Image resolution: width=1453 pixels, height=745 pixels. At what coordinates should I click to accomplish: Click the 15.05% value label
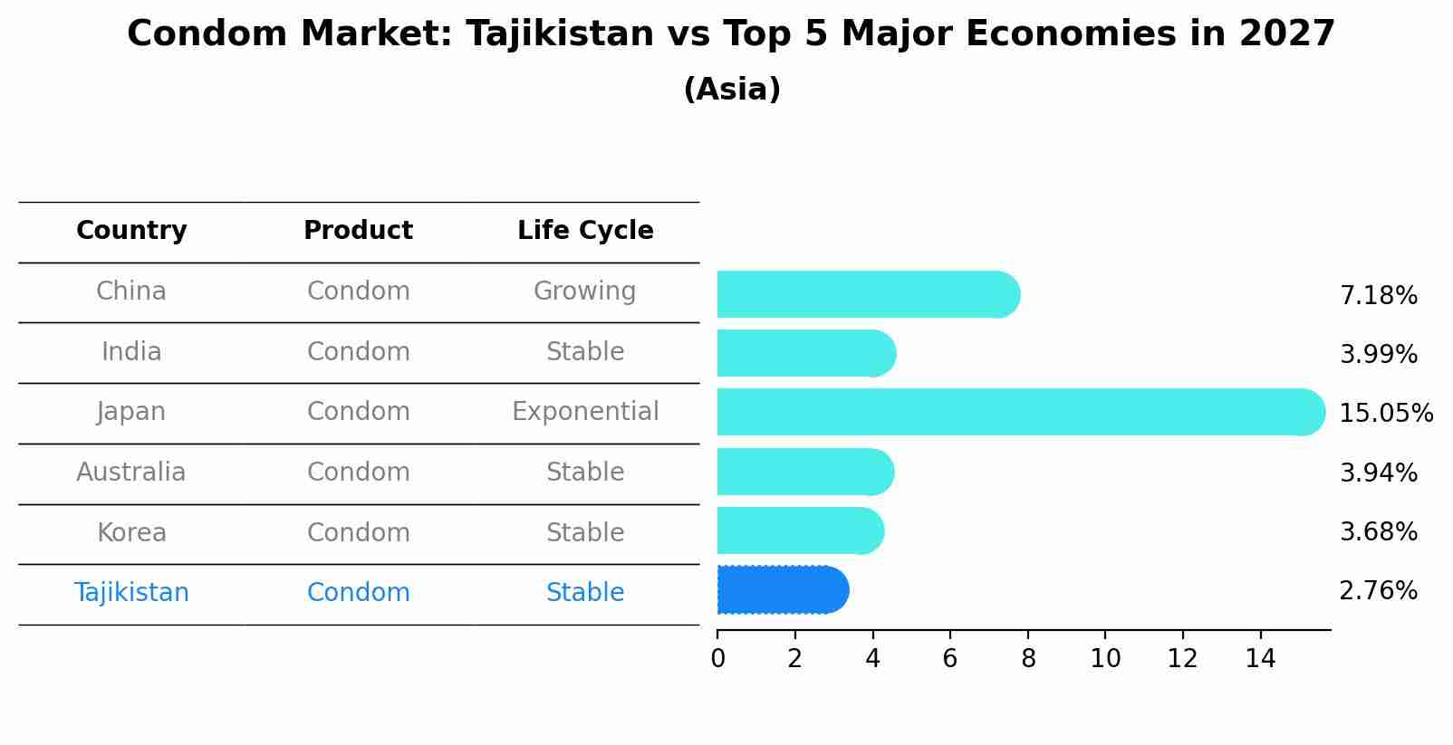click(1385, 414)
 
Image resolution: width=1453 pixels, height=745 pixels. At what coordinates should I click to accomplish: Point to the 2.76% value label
click(1378, 591)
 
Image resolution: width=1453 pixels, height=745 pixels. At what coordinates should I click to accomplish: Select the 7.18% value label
click(1378, 296)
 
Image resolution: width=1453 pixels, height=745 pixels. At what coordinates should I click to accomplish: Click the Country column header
click(131, 231)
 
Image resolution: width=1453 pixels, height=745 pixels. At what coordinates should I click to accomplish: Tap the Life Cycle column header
click(585, 231)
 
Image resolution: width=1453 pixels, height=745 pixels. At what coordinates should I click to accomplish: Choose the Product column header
click(358, 231)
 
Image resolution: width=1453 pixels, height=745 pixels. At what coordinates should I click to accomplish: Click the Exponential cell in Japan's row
click(585, 412)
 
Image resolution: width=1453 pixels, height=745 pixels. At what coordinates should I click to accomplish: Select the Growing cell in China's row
click(584, 291)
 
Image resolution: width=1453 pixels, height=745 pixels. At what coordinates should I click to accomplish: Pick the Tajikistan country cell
click(131, 593)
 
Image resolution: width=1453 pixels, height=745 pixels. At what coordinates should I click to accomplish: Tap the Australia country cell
click(131, 473)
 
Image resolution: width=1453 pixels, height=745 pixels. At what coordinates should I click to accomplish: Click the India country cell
click(131, 352)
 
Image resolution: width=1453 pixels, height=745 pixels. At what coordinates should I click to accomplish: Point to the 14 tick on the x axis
click(1260, 659)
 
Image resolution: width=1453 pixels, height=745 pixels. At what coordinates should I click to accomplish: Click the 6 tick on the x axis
click(950, 659)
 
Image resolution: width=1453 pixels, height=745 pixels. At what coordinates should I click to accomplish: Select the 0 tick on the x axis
click(717, 659)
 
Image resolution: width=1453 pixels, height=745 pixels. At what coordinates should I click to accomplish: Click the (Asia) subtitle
click(732, 90)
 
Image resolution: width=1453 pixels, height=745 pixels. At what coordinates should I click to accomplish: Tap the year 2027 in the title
click(1286, 34)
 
